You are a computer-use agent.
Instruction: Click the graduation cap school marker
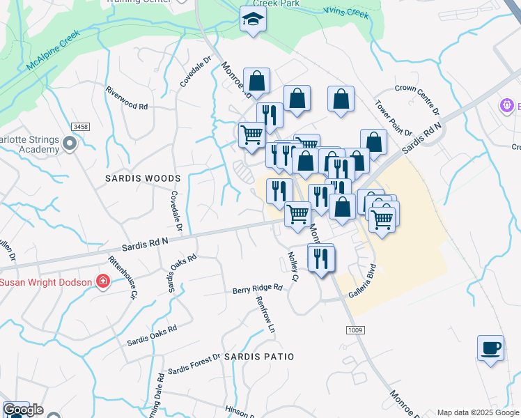[253, 20]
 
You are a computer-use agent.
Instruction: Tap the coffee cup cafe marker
[490, 348]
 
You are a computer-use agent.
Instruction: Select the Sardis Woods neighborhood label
[143, 178]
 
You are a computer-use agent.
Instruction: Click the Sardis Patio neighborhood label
[259, 356]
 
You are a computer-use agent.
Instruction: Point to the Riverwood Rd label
[127, 98]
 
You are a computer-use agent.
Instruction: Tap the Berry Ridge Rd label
[257, 288]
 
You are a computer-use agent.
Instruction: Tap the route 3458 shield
[81, 126]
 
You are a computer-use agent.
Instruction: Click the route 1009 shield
[353, 331]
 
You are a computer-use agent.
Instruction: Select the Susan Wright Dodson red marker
[103, 281]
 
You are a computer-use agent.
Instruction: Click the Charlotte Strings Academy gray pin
[69, 144]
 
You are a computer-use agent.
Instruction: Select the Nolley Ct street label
[293, 267]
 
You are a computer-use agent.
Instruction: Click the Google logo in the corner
[23, 410]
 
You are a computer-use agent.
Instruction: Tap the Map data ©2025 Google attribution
[478, 412]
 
